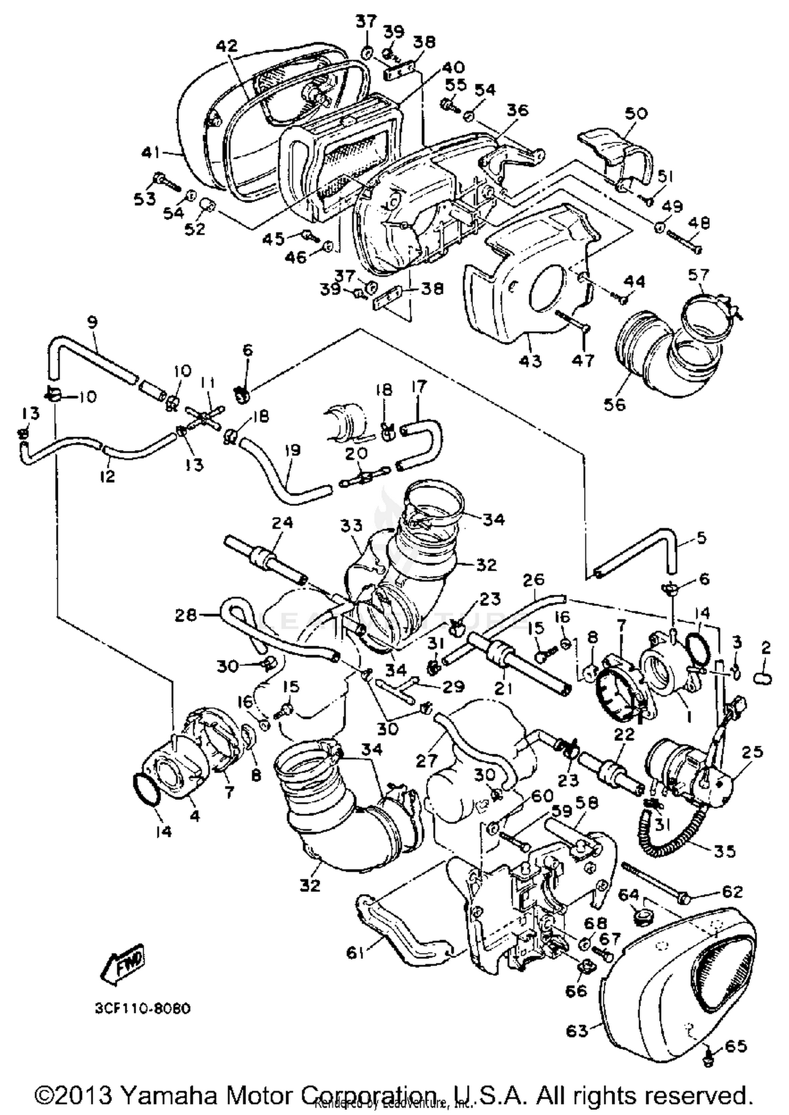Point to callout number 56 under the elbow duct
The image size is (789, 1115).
[x=615, y=404]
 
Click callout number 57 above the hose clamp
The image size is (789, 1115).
[x=698, y=275]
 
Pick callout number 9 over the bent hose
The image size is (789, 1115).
[x=93, y=321]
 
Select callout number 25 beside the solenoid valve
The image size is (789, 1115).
[x=751, y=752]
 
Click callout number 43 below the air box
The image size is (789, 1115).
[x=530, y=361]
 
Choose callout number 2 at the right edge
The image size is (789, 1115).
[x=765, y=648]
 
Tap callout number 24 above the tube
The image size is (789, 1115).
[x=282, y=523]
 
